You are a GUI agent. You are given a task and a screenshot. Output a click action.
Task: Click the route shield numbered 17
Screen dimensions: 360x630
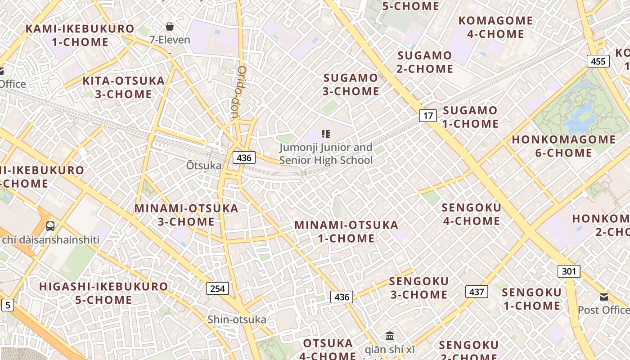click(x=428, y=116)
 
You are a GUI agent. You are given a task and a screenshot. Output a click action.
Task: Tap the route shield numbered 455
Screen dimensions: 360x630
click(x=598, y=61)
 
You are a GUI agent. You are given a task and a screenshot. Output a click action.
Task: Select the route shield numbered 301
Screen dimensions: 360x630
click(x=569, y=271)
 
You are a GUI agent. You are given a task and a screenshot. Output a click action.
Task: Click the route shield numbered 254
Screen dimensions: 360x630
click(x=217, y=288)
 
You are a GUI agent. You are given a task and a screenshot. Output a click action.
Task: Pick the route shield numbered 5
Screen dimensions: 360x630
click(x=7, y=306)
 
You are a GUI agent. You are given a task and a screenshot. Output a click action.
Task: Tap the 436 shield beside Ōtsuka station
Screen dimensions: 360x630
click(x=244, y=157)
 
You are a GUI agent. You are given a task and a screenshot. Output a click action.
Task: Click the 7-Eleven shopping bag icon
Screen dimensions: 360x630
click(x=170, y=27)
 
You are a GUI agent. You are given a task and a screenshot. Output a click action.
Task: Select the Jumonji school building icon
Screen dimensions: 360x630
click(x=326, y=134)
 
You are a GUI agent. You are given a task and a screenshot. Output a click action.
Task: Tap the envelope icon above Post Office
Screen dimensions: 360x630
click(x=603, y=297)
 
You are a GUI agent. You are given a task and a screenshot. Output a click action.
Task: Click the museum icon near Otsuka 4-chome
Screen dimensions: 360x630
click(x=390, y=336)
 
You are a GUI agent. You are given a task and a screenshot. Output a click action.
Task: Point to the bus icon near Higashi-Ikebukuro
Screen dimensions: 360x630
click(x=50, y=226)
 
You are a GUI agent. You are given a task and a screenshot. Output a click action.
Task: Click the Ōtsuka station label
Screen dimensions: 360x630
click(x=204, y=166)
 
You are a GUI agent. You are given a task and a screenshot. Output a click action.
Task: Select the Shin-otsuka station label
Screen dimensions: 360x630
click(x=237, y=319)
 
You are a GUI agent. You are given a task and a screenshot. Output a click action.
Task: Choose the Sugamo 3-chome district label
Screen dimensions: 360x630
click(x=351, y=85)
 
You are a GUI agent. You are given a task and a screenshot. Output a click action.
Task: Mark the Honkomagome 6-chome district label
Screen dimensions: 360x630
click(x=563, y=146)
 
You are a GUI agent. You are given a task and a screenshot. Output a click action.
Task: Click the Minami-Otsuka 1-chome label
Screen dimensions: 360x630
click(x=346, y=231)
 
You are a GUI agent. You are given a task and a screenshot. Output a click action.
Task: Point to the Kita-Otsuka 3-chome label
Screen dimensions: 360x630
click(x=124, y=87)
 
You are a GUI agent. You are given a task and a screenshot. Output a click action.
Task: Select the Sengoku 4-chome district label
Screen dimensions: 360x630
click(x=471, y=214)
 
